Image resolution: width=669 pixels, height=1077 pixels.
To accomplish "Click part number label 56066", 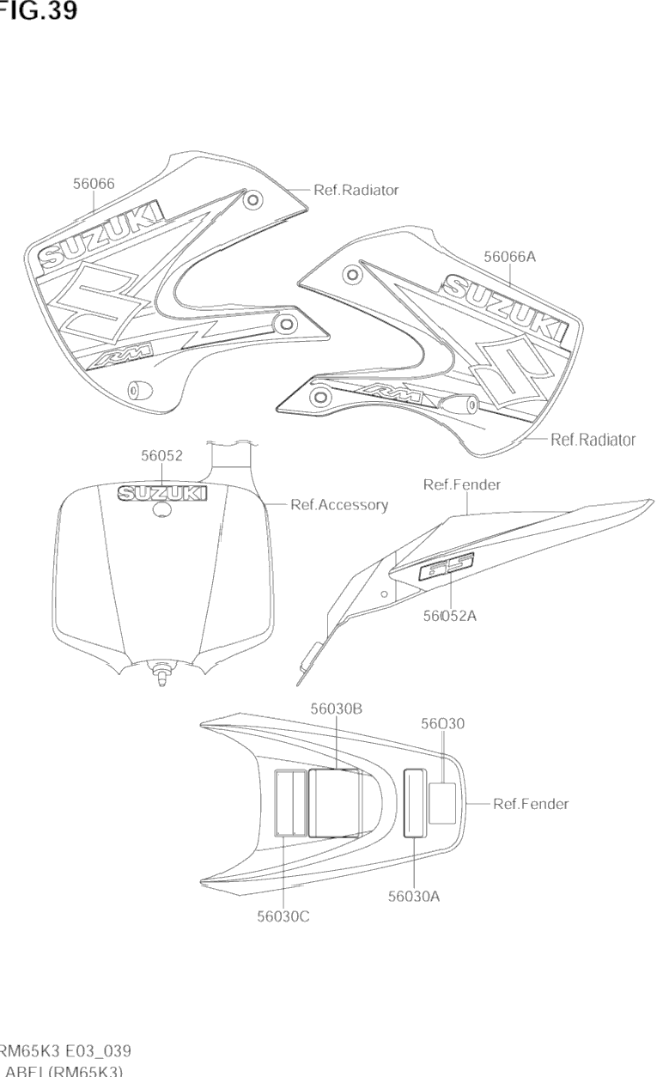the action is [x=94, y=183].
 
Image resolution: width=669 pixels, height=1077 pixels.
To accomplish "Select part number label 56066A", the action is [x=509, y=256].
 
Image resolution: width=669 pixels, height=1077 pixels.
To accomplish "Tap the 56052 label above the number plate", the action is [x=162, y=456].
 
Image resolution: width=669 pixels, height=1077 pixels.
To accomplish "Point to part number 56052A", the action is [x=449, y=615].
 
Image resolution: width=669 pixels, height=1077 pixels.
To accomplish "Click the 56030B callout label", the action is [x=336, y=708].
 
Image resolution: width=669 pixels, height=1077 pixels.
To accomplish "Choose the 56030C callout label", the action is [x=283, y=916].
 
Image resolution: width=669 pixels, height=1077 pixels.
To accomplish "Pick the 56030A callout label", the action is [x=414, y=896].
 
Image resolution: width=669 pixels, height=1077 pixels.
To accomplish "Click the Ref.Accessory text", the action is [x=339, y=505].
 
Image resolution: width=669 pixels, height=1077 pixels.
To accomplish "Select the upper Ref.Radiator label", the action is [x=356, y=190].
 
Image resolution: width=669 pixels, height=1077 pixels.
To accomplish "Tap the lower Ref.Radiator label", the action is [x=593, y=440].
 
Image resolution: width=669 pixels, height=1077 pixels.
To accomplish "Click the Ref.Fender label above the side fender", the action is [x=462, y=485].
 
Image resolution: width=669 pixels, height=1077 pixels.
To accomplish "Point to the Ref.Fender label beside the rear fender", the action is [x=531, y=804].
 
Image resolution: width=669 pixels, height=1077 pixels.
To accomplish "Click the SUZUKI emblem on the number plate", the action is [x=162, y=492].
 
